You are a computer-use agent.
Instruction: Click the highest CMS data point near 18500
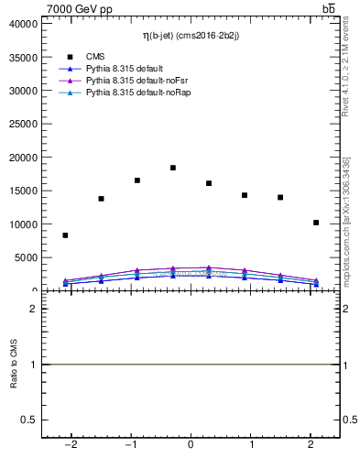click(173, 168)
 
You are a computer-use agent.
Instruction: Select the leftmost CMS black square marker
click(65, 235)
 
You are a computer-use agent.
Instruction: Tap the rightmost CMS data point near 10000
click(316, 223)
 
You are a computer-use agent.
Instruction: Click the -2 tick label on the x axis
click(71, 444)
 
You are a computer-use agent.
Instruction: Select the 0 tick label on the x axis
click(191, 444)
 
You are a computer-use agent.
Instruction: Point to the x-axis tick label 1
click(250, 444)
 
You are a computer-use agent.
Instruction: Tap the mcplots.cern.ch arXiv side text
click(345, 220)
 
